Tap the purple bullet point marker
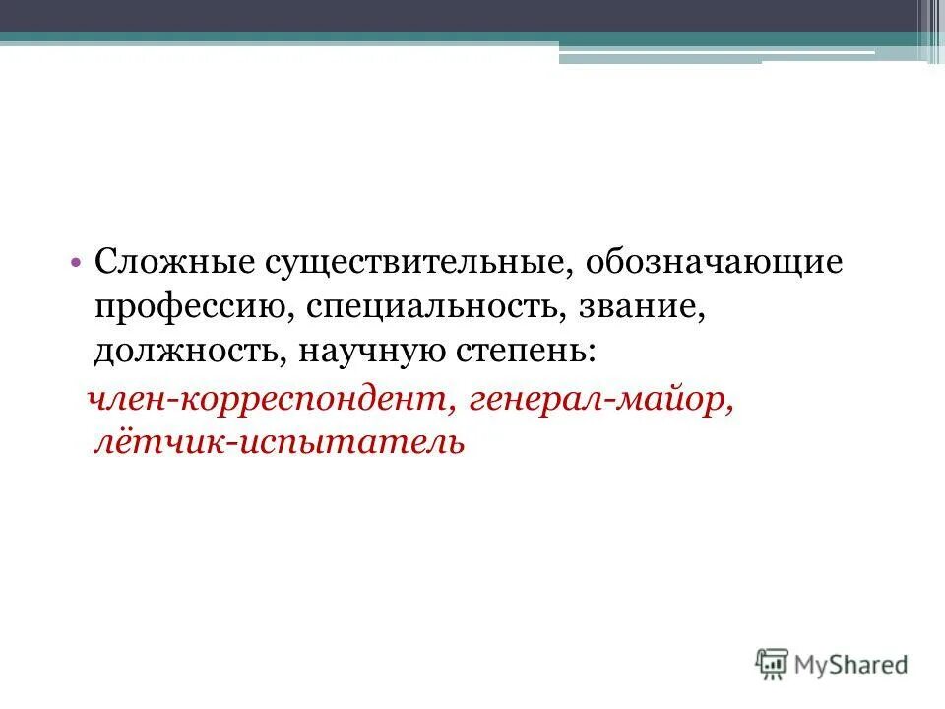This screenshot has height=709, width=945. click(76, 264)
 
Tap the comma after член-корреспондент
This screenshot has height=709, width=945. click(458, 406)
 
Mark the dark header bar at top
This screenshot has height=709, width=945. click(463, 15)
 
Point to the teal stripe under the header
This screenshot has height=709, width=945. click(295, 38)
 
